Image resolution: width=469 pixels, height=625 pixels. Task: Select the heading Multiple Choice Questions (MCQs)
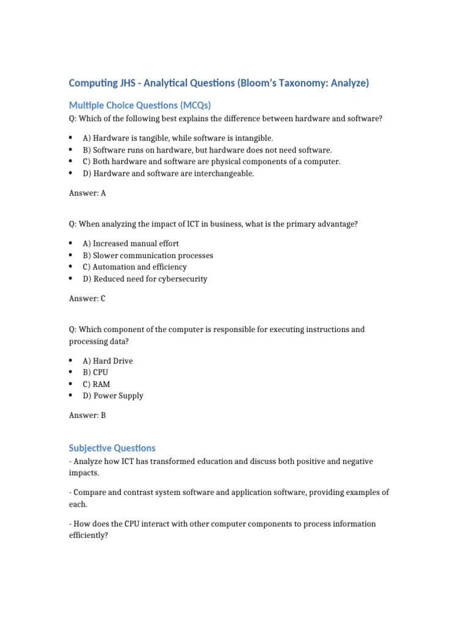click(x=140, y=105)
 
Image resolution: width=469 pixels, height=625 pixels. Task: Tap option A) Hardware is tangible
click(x=178, y=139)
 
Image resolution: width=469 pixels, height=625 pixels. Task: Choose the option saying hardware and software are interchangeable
click(x=168, y=173)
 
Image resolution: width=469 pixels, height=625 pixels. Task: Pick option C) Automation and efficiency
click(x=134, y=267)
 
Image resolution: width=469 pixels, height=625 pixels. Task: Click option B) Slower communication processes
click(x=148, y=255)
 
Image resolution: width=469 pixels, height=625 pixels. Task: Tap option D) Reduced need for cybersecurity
click(x=145, y=279)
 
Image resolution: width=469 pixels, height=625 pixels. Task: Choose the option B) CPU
click(x=95, y=372)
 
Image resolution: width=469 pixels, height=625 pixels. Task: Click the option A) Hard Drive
click(x=107, y=361)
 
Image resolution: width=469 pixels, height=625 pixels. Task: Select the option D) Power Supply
click(x=113, y=396)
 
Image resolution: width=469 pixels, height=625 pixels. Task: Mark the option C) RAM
click(x=96, y=385)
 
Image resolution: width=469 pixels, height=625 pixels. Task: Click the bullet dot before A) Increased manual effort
click(x=71, y=243)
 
